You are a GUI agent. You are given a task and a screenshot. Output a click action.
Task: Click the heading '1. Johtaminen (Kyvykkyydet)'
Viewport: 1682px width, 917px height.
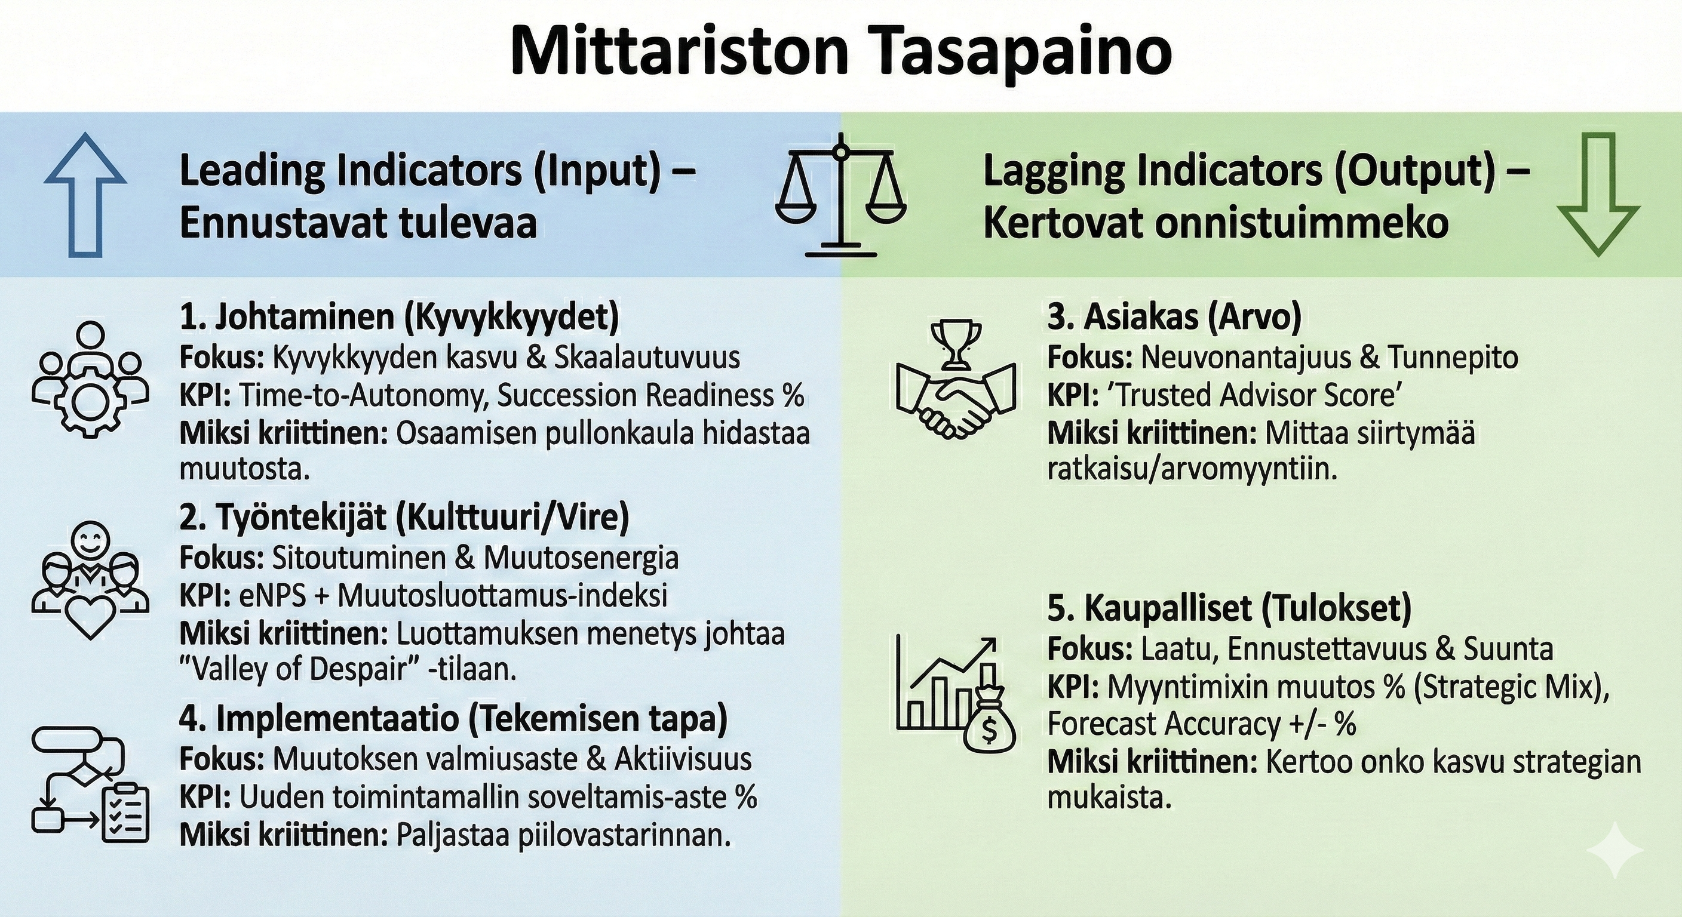pyautogui.click(x=399, y=318)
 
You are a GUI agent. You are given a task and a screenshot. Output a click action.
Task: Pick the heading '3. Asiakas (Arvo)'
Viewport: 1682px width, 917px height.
pyautogui.click(x=1175, y=318)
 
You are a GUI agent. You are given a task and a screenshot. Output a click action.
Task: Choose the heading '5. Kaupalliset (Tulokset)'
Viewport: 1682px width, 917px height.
pyautogui.click(x=1229, y=608)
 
